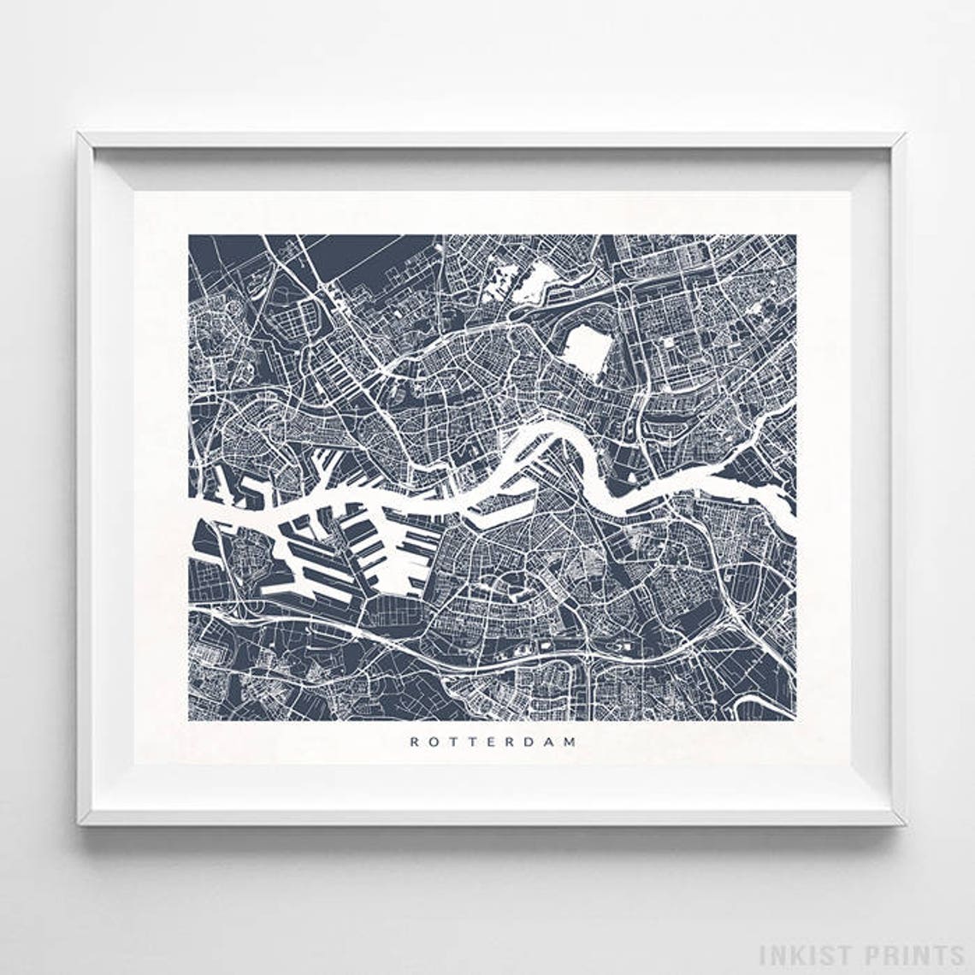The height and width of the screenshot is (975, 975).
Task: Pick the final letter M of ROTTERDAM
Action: [570, 742]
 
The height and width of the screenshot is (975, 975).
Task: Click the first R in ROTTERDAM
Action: [414, 742]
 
